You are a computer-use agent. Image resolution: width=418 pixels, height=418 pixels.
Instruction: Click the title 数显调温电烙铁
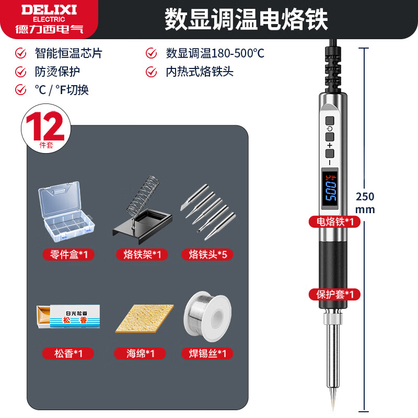tap(246, 19)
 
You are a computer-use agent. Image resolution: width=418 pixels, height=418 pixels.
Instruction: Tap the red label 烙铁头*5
tap(207, 254)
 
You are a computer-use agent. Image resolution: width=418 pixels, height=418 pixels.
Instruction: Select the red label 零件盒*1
tap(68, 254)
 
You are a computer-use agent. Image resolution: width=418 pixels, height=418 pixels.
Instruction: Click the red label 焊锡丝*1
tap(207, 354)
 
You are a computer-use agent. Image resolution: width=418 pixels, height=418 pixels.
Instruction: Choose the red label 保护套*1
tap(334, 294)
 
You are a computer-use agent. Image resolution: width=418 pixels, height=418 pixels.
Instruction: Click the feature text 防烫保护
tap(57, 71)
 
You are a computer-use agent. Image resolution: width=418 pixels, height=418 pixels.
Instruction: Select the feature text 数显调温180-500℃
tap(215, 53)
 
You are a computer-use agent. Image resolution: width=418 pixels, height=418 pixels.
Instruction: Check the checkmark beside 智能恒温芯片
tap(21, 53)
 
